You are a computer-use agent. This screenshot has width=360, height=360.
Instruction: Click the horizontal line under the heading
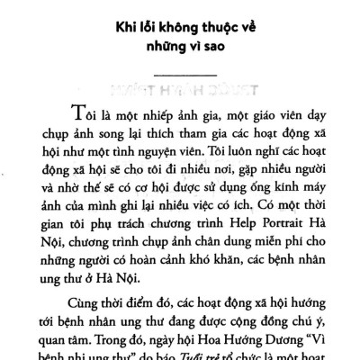[180, 73]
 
